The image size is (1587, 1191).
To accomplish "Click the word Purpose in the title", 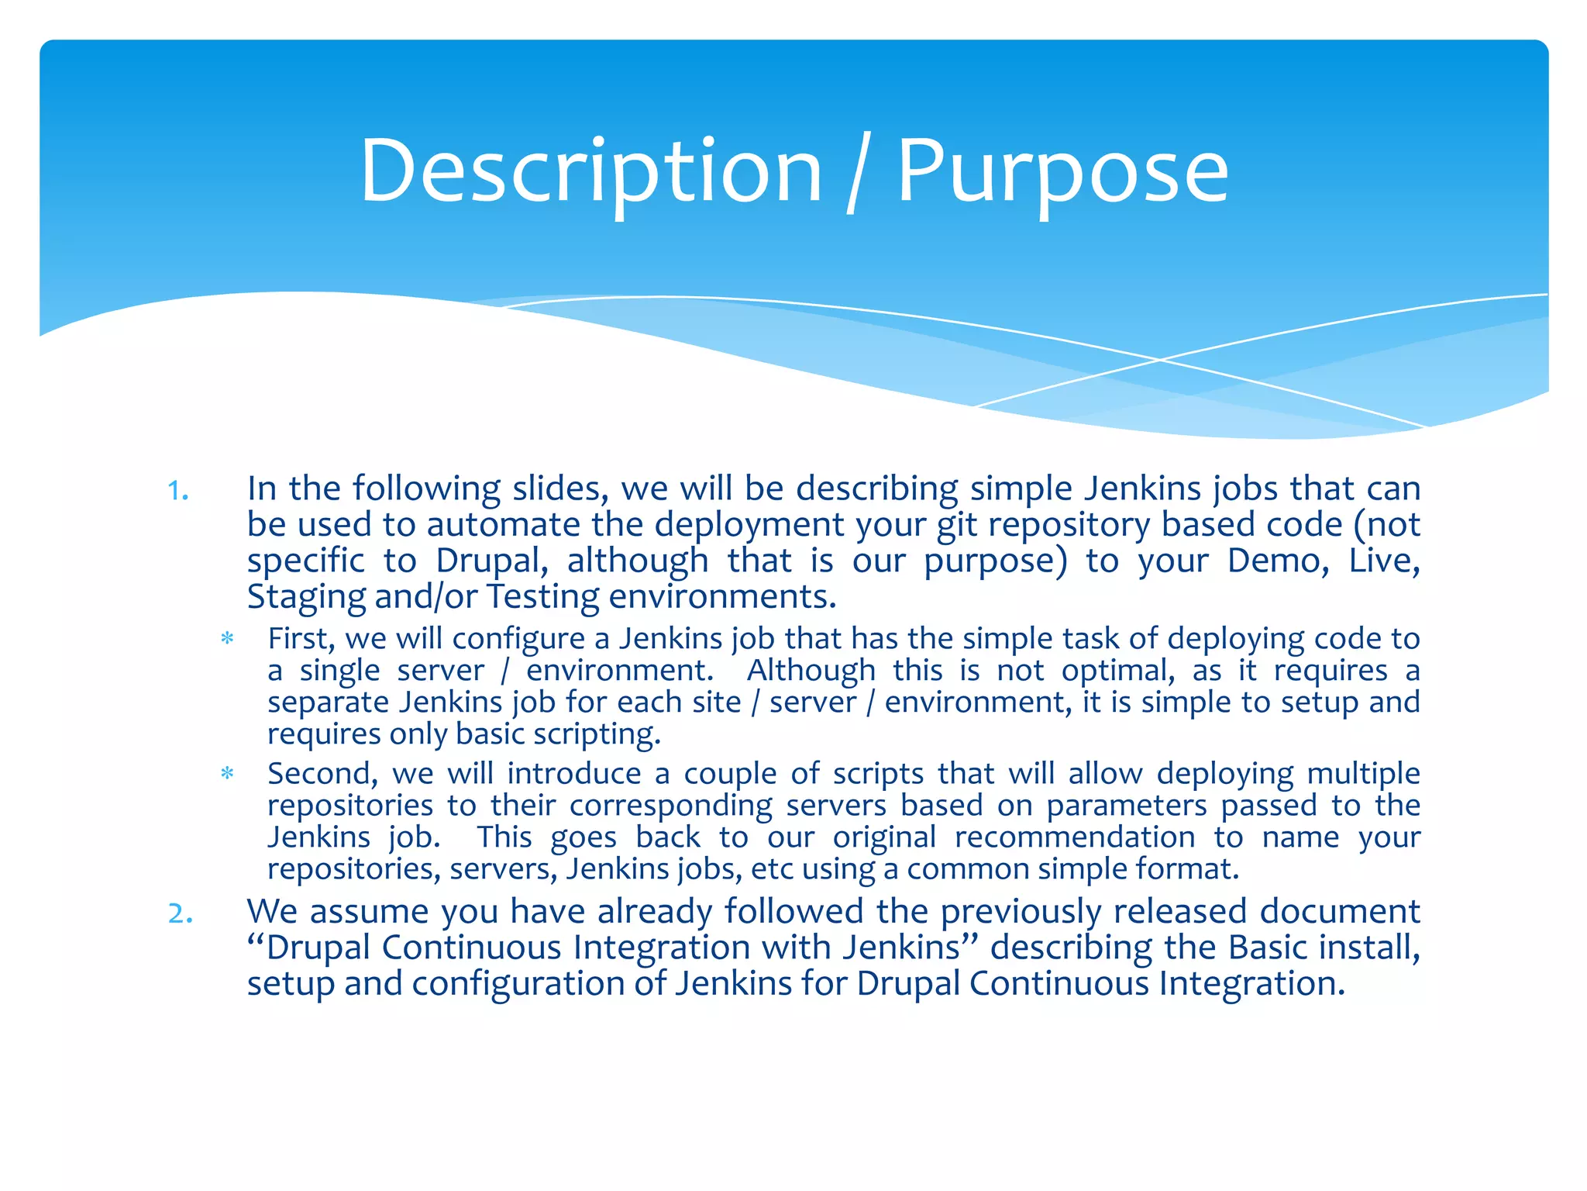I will coord(1062,171).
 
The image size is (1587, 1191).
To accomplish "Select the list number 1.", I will coord(178,491).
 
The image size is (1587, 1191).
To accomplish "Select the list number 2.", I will coord(180,914).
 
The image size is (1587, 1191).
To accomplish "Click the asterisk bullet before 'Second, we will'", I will coord(227,774).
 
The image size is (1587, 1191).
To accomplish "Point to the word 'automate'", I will coord(503,525).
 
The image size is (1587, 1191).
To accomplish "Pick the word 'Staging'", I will coord(306,597).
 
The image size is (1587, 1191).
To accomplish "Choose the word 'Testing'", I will coord(542,597).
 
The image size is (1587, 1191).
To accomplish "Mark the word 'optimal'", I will coord(1117,671).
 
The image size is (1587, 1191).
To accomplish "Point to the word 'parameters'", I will coord(1127,806).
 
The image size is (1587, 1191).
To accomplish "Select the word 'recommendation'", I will coord(1075,837).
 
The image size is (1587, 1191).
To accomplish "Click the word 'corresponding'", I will coord(671,806).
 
